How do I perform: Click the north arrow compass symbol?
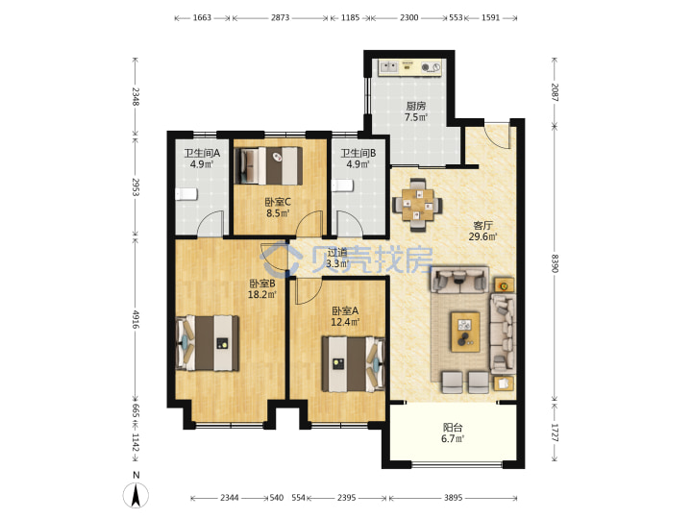(x=136, y=495)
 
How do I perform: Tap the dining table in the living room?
(x=417, y=205)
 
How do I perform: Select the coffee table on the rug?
(x=465, y=332)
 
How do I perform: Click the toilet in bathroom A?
(x=185, y=194)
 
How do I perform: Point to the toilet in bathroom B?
(x=342, y=185)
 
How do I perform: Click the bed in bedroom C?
(x=268, y=165)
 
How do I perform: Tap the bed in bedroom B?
(x=208, y=343)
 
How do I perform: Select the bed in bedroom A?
(x=353, y=364)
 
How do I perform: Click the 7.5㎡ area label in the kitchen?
(x=416, y=117)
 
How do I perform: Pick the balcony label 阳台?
(x=453, y=427)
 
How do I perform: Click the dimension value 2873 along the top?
(x=281, y=17)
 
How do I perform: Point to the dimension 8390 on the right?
(x=555, y=263)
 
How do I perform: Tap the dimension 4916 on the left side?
(x=136, y=319)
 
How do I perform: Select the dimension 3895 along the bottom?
(x=454, y=498)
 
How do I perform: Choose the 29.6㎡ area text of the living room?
(x=482, y=237)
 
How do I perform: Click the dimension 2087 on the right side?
(x=555, y=92)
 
